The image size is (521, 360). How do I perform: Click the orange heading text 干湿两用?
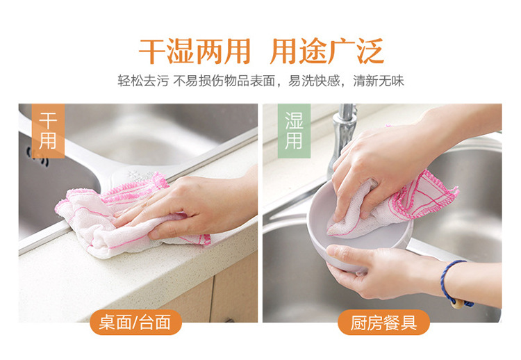(195, 51)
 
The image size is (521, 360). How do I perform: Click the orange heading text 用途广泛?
(327, 51)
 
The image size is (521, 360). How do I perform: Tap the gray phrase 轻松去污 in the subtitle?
(143, 81)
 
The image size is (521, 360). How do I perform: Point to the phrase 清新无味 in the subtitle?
(379, 81)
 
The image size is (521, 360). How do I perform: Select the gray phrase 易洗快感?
(314, 81)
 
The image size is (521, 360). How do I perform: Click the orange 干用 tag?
(48, 131)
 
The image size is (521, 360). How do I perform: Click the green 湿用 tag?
(294, 131)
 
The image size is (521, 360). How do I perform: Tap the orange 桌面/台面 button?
(135, 322)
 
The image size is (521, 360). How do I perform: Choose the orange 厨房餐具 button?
(383, 322)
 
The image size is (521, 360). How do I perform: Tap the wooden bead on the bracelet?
(458, 304)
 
